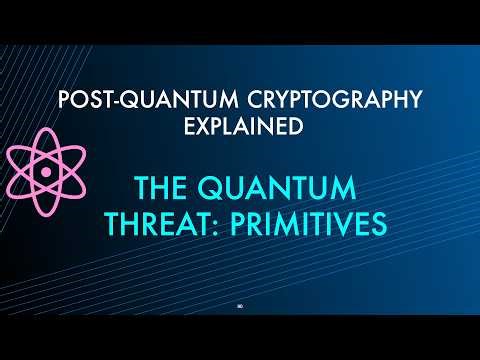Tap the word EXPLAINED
tap(240, 127)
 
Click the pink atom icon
tap(46, 171)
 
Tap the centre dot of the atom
tap(46, 172)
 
